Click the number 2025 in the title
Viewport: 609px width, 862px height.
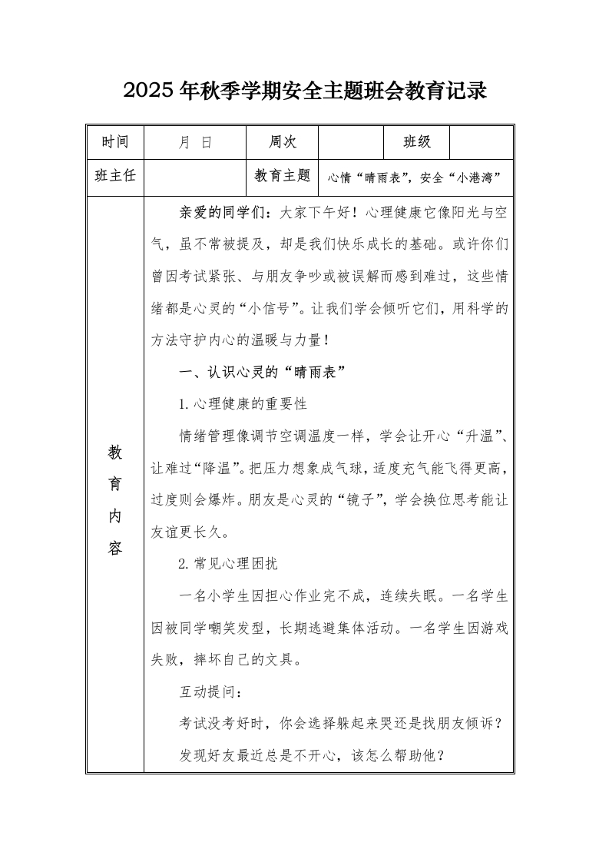[149, 91]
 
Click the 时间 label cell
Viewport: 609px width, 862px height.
[115, 142]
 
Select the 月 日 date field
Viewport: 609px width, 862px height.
[195, 142]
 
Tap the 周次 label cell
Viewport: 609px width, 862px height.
[283, 142]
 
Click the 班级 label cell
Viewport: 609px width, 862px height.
[417, 142]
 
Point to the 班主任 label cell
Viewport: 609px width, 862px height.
[115, 176]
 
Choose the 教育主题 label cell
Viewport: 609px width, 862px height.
[282, 176]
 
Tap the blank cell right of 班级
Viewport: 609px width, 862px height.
[481, 142]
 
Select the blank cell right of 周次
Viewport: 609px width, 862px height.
[350, 142]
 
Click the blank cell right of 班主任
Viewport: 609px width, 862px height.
[194, 176]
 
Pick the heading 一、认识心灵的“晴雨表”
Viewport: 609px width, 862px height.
[261, 372]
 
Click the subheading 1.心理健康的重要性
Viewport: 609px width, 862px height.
[243, 404]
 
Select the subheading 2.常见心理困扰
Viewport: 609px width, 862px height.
[227, 564]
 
